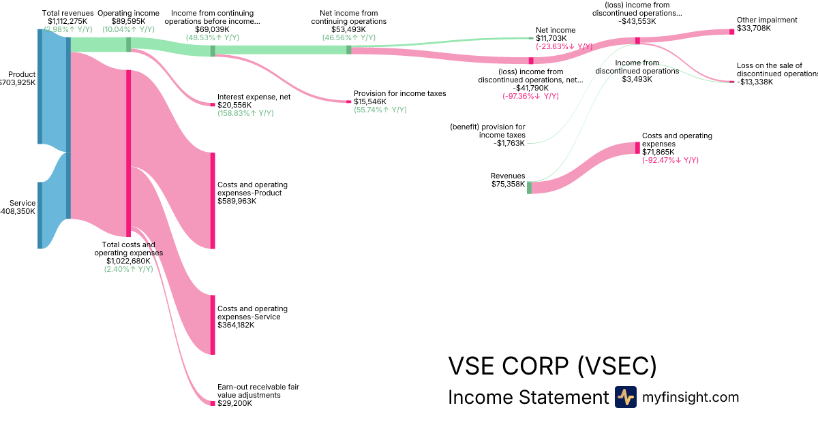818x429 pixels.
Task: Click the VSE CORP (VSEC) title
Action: click(x=552, y=366)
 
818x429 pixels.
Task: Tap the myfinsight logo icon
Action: click(x=625, y=397)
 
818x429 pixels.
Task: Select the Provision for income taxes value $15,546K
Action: click(x=370, y=101)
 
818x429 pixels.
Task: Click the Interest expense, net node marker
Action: click(x=213, y=104)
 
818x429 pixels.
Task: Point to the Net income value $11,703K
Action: click(x=551, y=38)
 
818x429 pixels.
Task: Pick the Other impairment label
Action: click(x=767, y=20)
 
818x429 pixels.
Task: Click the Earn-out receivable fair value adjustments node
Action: click(x=213, y=403)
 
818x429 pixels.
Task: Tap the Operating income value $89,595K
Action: click(x=128, y=21)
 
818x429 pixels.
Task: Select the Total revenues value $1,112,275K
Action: click(x=67, y=21)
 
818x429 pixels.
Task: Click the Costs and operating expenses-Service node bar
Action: click(x=213, y=324)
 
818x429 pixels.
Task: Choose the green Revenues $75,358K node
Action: click(x=529, y=187)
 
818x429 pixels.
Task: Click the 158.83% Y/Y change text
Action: click(x=245, y=113)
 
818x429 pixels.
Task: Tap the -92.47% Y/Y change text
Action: click(x=670, y=160)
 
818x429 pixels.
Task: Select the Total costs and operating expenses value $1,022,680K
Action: click(x=128, y=261)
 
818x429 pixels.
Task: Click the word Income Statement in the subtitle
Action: click(x=528, y=398)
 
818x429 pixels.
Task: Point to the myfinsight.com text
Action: click(x=691, y=398)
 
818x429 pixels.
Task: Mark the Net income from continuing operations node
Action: click(x=349, y=50)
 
